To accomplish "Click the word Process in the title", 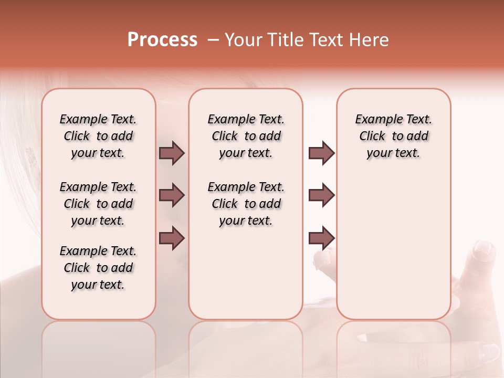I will pyautogui.click(x=162, y=40).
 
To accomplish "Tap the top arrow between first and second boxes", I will pyautogui.click(x=172, y=153).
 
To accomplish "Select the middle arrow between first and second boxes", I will pyautogui.click(x=172, y=195).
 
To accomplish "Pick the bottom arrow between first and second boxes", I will pyautogui.click(x=172, y=238).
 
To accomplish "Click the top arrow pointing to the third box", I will pyautogui.click(x=321, y=153).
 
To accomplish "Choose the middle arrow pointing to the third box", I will pyautogui.click(x=321, y=195).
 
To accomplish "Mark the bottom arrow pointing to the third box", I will pyautogui.click(x=321, y=238).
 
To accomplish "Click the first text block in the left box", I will pyautogui.click(x=98, y=136).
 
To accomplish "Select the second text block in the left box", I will pyautogui.click(x=98, y=204).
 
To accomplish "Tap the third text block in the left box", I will pyautogui.click(x=98, y=268).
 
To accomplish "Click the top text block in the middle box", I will pyautogui.click(x=246, y=136).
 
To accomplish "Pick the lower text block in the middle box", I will pyautogui.click(x=246, y=204).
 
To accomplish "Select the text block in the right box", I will pyautogui.click(x=393, y=136).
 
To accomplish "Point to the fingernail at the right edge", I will pyautogui.click(x=483, y=249).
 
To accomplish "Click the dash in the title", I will pyautogui.click(x=213, y=40).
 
